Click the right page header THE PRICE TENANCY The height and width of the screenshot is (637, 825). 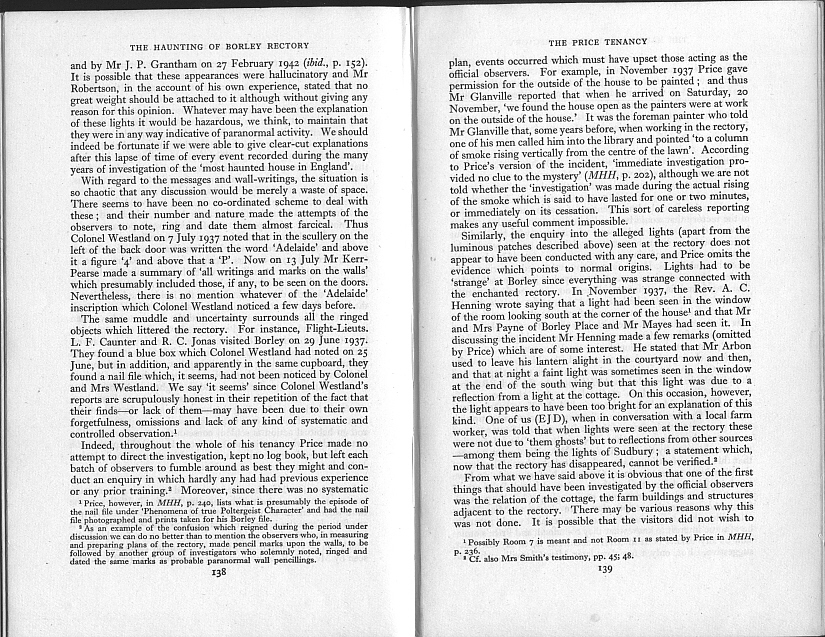pyautogui.click(x=598, y=41)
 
